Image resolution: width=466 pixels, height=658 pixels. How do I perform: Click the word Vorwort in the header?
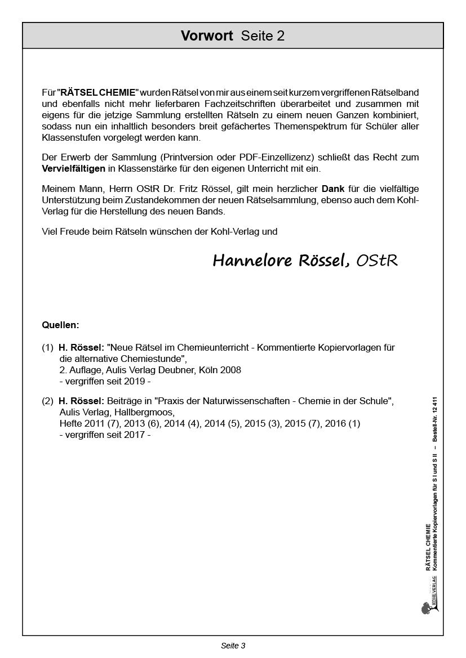(207, 36)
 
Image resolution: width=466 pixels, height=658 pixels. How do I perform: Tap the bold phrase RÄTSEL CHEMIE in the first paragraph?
(98, 92)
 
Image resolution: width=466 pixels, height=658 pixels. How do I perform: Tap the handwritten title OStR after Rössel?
(377, 261)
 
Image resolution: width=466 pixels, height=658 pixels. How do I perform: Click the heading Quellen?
(61, 325)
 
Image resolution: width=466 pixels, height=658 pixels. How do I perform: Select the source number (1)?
(47, 348)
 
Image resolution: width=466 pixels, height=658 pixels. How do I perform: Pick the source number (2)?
(47, 401)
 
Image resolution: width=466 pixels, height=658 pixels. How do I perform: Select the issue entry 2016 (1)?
(343, 423)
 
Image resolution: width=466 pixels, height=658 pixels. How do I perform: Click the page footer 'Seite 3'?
(233, 646)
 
